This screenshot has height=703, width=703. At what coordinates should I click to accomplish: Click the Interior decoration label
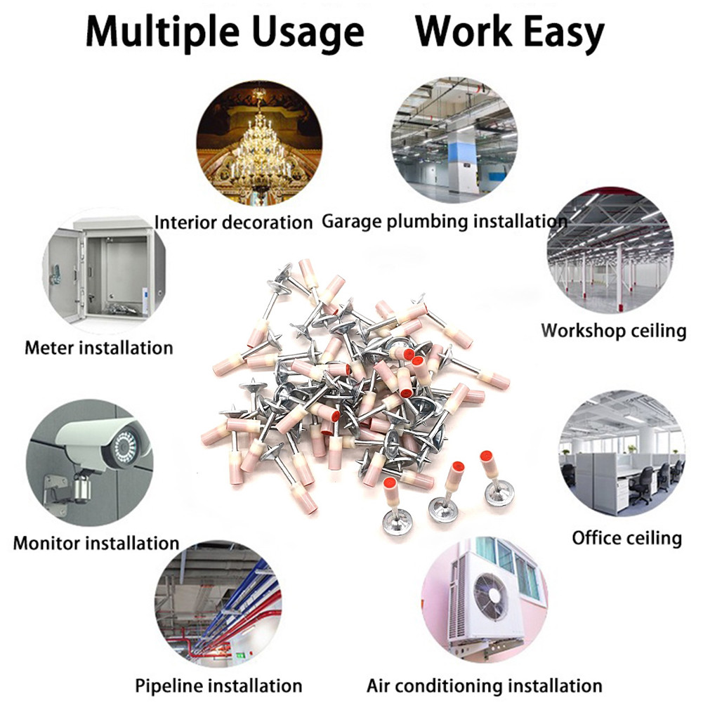coord(233,223)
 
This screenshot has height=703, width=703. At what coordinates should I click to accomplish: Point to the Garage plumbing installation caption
coord(444,221)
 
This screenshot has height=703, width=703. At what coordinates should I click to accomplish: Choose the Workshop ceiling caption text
coord(613,330)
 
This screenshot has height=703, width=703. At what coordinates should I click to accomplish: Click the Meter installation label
coord(98,347)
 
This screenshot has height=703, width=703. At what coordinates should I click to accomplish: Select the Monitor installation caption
coord(96,543)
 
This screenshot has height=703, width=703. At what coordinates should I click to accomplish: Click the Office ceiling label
coord(626,538)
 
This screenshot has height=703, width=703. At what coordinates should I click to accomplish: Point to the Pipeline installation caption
coord(218,685)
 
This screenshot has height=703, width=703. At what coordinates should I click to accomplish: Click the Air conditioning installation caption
coord(485,685)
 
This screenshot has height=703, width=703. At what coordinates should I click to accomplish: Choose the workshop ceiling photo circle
coord(610,249)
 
